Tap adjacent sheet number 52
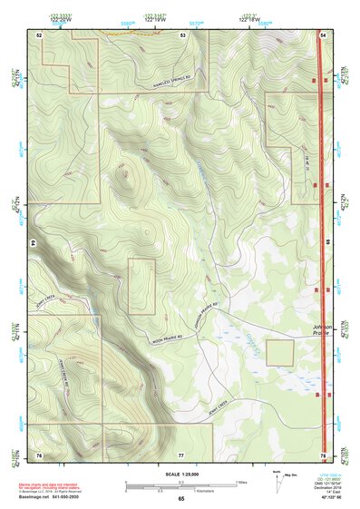pos(40,34)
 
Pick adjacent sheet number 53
pos(182,34)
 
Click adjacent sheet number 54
pos(323,34)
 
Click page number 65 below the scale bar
pos(180,499)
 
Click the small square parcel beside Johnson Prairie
pos(279,352)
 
